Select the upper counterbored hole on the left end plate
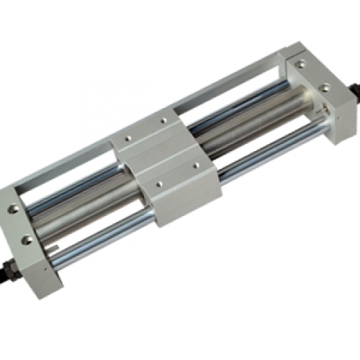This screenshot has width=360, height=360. pos(13,209)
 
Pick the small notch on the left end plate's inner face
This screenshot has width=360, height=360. pos(56,252)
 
